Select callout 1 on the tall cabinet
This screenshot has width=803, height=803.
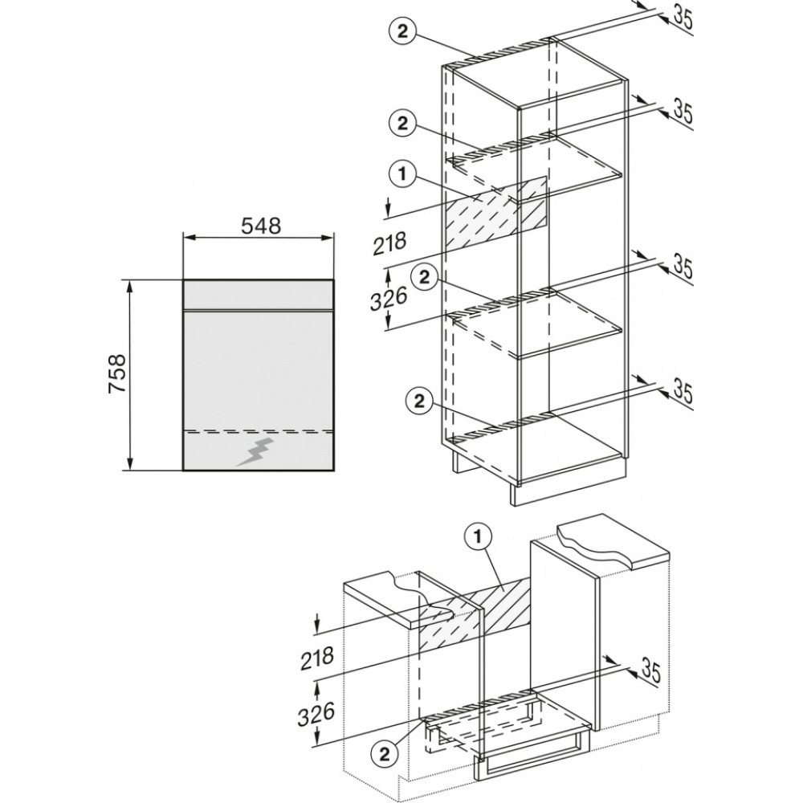[401, 172]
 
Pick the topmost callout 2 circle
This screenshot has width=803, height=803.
[401, 31]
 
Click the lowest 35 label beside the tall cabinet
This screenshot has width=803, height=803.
[681, 391]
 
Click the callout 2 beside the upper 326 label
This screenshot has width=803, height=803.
[424, 277]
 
